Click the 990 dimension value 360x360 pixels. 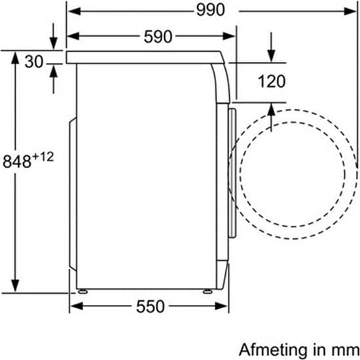[x=211, y=10]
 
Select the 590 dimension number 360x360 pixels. [x=158, y=37]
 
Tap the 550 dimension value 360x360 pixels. [x=151, y=306]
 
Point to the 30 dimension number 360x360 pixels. [x=34, y=62]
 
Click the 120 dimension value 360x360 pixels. [x=272, y=81]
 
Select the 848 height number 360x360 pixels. [x=17, y=161]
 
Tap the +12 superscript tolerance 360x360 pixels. [x=43, y=157]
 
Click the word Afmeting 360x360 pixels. [x=273, y=351]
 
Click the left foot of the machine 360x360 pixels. [x=82, y=291]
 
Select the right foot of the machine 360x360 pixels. [x=207, y=291]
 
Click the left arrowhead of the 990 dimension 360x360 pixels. [x=75, y=11]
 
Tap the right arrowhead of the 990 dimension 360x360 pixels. [x=350, y=11]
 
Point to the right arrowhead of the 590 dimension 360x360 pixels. [x=228, y=36]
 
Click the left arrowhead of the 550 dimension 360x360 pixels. [x=77, y=306]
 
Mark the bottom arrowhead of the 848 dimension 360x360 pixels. [x=15, y=285]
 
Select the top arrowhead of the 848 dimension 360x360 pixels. [x=15, y=58]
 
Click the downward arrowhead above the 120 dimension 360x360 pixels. [x=271, y=56]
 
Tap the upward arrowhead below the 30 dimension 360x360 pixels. [x=54, y=71]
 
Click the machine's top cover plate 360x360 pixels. [x=145, y=58]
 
